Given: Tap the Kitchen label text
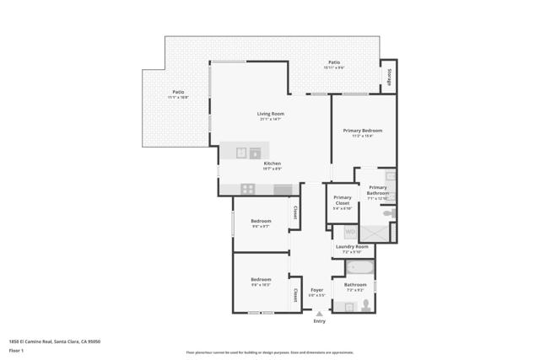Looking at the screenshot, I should [272, 164].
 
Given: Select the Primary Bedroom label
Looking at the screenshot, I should [362, 131].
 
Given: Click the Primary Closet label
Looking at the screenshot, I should [342, 200].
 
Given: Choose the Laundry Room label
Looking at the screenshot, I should [351, 247].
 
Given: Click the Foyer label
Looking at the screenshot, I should [316, 290].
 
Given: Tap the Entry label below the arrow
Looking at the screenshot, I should [319, 321].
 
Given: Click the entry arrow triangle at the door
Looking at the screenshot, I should [319, 313].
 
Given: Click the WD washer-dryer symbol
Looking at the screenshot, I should [350, 232].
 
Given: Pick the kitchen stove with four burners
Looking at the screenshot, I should [248, 189].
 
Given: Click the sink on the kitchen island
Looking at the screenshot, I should [255, 153].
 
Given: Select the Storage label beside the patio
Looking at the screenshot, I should [389, 77].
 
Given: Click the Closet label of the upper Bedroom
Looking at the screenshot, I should [294, 213].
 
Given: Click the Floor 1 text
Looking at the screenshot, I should [16, 350].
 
